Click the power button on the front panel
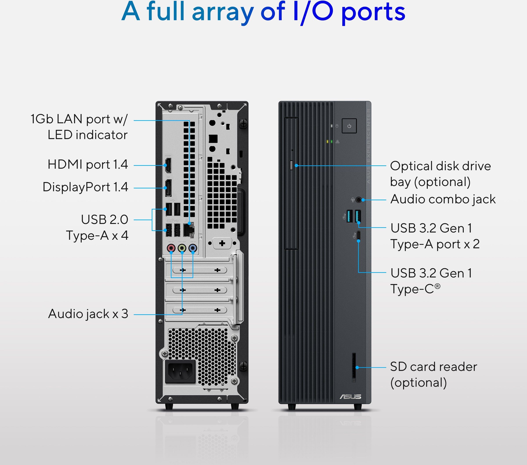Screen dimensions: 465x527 click(x=349, y=126)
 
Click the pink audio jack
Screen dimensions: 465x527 click(x=171, y=248)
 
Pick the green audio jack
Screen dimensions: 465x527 click(x=182, y=248)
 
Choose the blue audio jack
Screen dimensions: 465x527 click(x=193, y=248)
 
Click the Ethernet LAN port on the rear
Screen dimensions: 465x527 click(x=189, y=230)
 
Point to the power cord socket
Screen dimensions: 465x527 click(x=180, y=372)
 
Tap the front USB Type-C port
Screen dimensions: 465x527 click(x=358, y=235)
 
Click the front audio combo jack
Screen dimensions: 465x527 click(x=359, y=200)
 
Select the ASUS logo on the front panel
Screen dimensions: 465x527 click(x=350, y=397)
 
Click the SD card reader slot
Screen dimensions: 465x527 click(x=354, y=367)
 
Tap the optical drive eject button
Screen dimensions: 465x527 click(x=291, y=165)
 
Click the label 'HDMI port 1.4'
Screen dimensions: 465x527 click(x=88, y=165)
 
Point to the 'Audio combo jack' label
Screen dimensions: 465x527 click(x=443, y=199)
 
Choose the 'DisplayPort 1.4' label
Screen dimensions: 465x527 click(x=85, y=187)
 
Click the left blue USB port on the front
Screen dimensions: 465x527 click(x=350, y=216)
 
